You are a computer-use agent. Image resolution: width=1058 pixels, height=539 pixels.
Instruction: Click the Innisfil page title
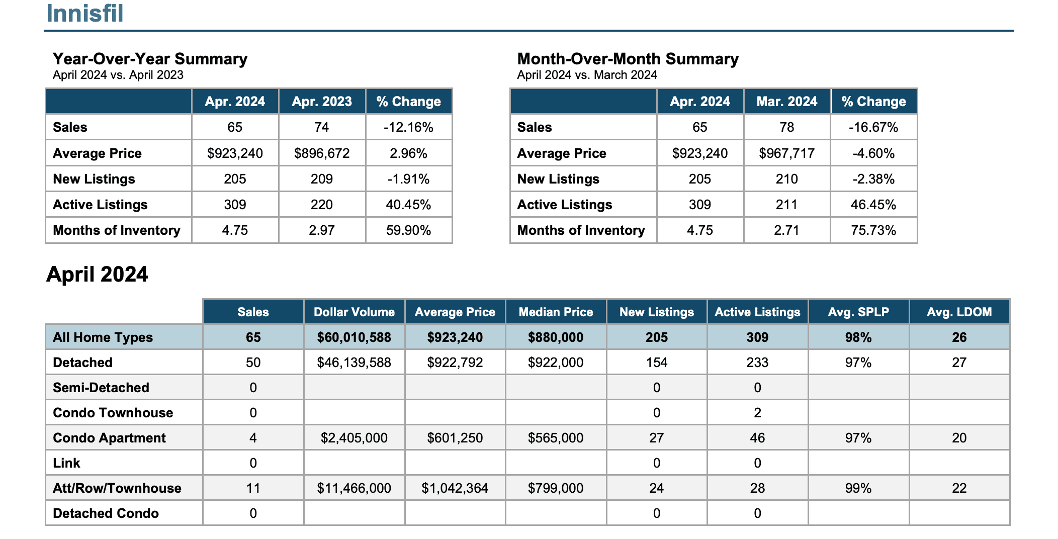[x=84, y=13]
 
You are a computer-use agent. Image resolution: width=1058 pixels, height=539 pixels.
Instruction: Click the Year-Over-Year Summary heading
[x=150, y=59]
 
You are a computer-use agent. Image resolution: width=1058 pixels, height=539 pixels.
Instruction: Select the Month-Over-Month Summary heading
[x=628, y=59]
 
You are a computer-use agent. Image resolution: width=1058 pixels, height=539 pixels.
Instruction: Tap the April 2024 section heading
[x=97, y=275]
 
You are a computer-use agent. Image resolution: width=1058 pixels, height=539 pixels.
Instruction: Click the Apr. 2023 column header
[x=322, y=102]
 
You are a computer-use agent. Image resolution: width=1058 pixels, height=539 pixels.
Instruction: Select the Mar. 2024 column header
[x=787, y=102]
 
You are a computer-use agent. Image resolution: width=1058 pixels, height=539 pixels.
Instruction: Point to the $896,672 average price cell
[x=322, y=153]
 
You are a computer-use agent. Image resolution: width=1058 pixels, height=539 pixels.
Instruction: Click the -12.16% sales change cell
[x=408, y=127]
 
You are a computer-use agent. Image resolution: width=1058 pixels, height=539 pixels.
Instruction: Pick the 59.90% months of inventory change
[x=408, y=230]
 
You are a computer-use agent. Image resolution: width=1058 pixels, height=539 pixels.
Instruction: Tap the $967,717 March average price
[x=787, y=153]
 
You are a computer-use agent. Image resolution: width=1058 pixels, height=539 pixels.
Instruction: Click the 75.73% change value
[x=873, y=230]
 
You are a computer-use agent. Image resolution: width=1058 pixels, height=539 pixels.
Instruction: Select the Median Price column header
[x=556, y=312]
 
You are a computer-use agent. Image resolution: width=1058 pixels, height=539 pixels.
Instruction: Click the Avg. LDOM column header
[x=959, y=312]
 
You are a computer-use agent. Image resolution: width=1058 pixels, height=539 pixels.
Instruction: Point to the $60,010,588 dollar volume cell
[x=354, y=337]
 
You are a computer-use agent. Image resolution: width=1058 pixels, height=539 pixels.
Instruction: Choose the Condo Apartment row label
[x=109, y=438]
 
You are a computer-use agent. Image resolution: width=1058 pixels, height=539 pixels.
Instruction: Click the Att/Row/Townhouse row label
[x=117, y=488]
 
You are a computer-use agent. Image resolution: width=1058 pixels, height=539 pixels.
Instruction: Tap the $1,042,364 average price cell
[x=455, y=488]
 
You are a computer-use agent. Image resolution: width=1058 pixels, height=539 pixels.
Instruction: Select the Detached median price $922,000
[x=556, y=363]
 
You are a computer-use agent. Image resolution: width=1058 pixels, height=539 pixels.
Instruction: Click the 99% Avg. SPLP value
[x=858, y=488]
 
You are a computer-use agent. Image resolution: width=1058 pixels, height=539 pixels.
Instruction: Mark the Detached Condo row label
[x=106, y=513]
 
